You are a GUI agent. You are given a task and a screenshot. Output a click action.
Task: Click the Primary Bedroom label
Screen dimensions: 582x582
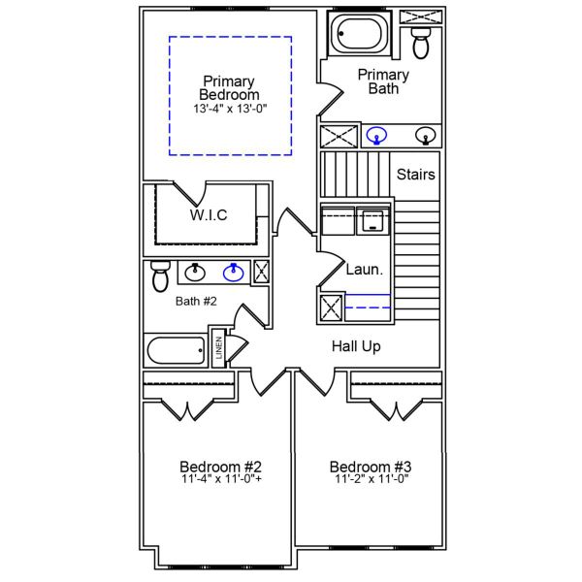click(x=229, y=88)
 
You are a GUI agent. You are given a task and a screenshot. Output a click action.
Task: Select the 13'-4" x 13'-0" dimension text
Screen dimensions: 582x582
click(x=229, y=110)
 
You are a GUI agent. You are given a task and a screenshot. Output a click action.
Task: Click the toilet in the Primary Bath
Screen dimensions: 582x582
click(x=421, y=42)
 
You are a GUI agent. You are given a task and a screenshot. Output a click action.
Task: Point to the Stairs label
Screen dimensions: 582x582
click(x=415, y=175)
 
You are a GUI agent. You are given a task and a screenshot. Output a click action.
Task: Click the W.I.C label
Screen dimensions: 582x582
click(x=208, y=215)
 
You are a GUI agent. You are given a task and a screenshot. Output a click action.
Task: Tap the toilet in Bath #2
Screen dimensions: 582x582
click(x=161, y=276)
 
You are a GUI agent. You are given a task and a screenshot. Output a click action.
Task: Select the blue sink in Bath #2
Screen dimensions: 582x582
click(x=233, y=273)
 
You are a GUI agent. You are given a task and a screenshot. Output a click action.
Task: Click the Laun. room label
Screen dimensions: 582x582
click(x=365, y=270)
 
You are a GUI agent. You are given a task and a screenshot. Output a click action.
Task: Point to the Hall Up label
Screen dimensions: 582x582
click(x=356, y=346)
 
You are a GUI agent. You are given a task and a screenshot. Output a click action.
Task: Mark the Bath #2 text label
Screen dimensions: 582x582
click(x=196, y=302)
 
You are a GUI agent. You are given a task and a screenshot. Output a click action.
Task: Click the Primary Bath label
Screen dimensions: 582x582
click(x=383, y=81)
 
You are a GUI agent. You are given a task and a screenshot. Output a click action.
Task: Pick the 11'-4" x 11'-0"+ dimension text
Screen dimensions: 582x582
click(x=221, y=479)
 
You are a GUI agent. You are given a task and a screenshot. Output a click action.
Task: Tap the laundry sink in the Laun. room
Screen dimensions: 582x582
click(x=371, y=221)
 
